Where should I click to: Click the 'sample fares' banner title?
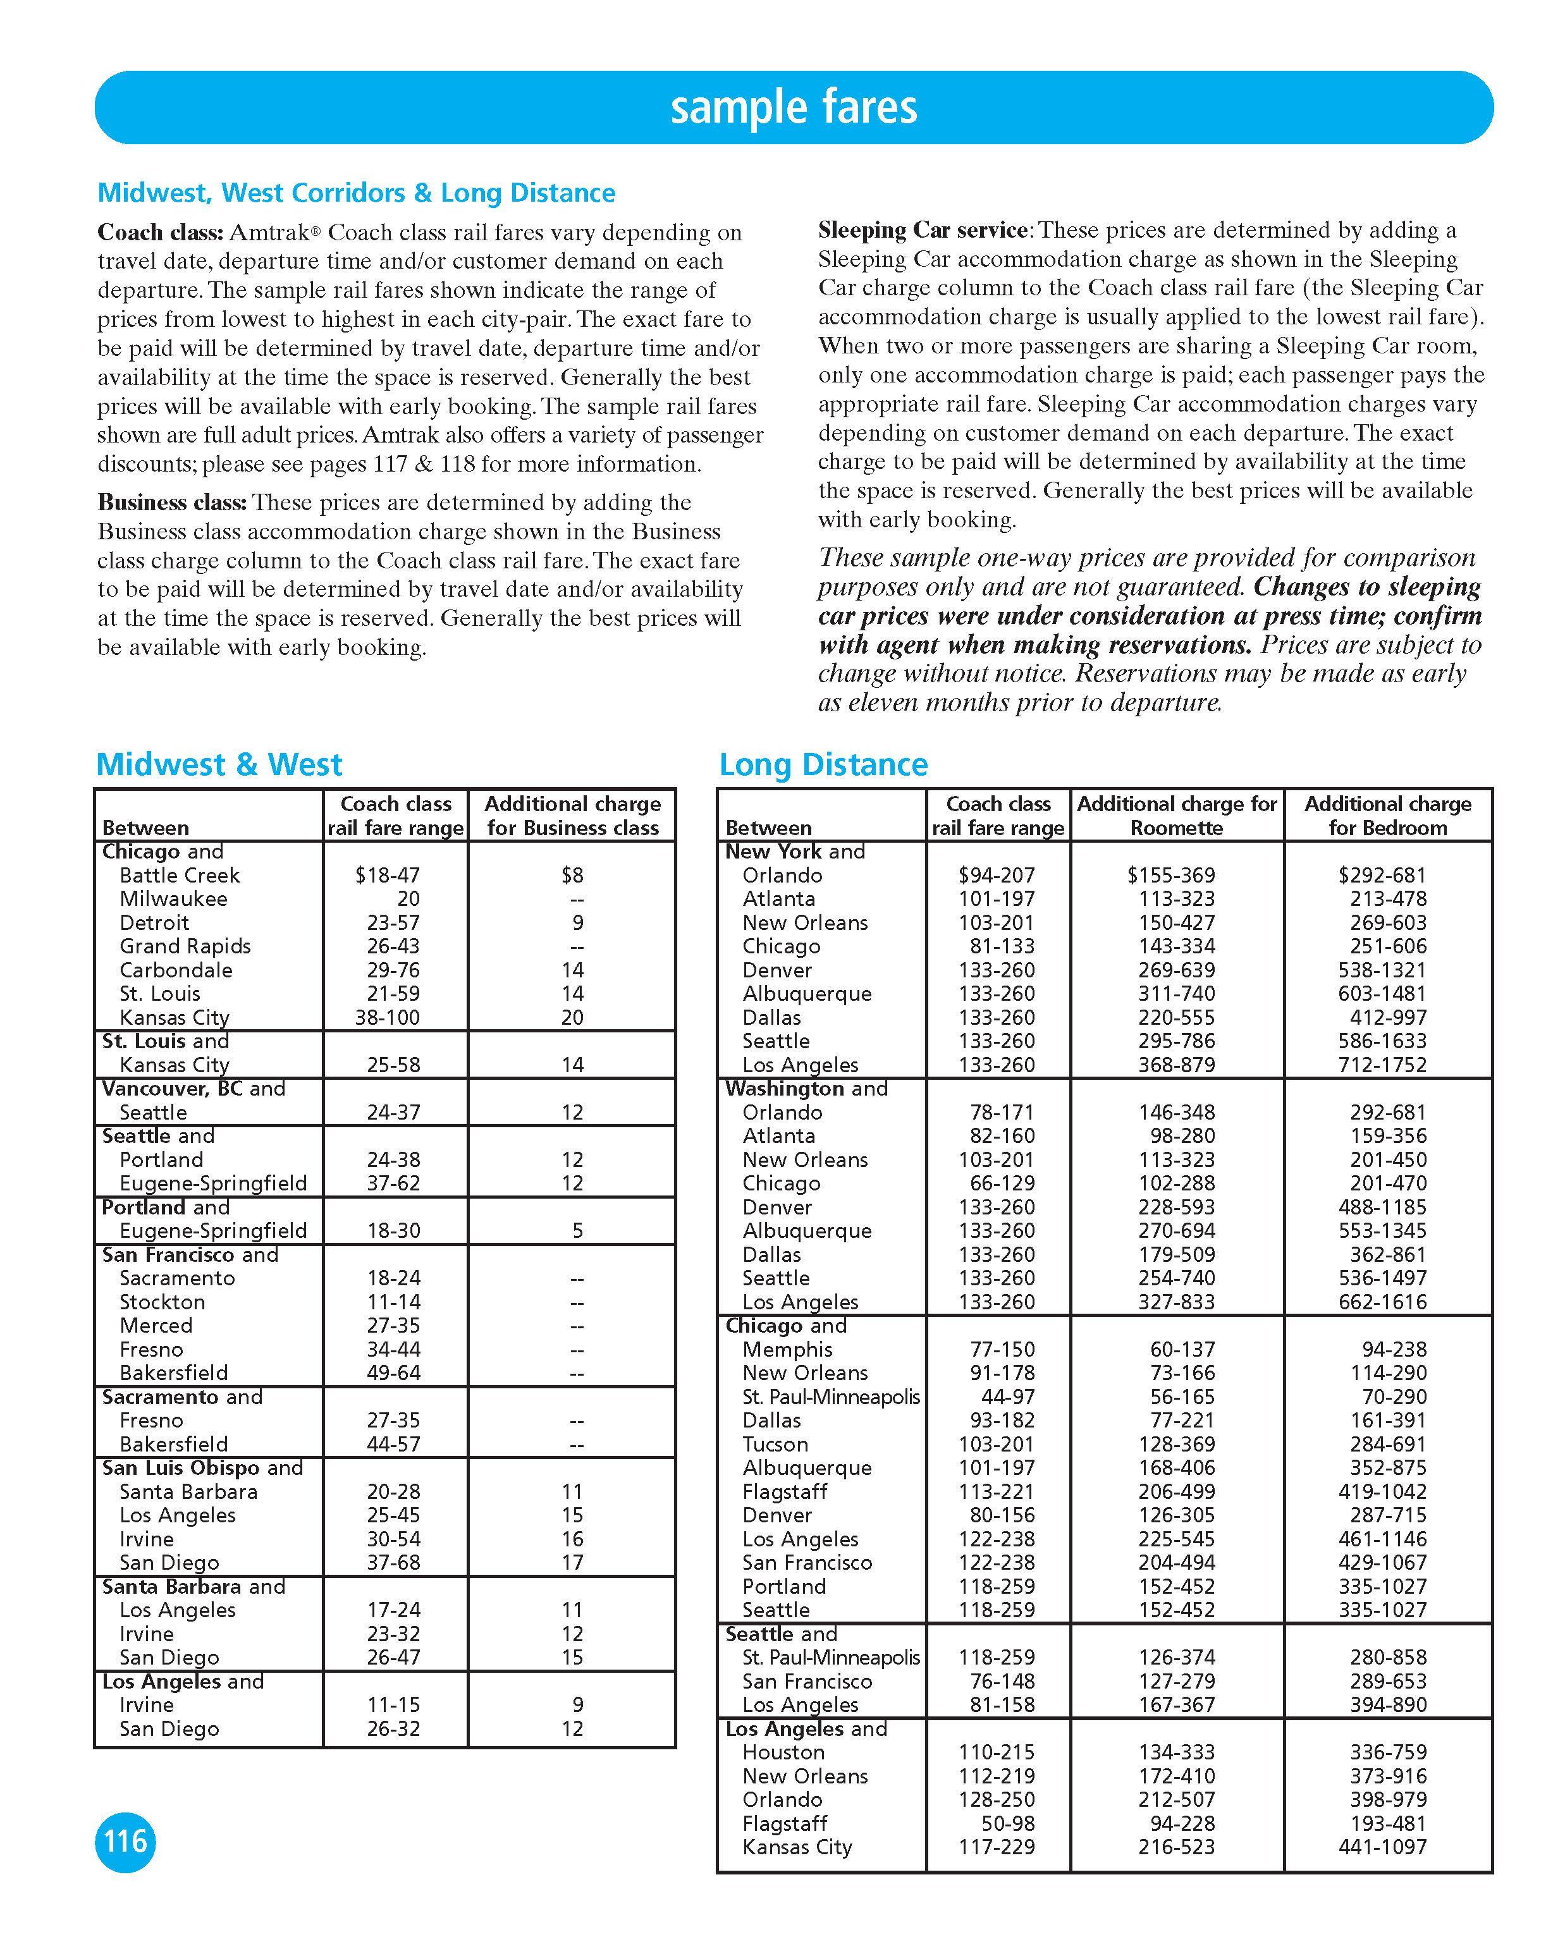(x=793, y=107)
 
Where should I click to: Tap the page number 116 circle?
(x=125, y=1840)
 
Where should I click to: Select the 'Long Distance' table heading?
(x=823, y=764)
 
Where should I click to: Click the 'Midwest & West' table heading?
(x=219, y=764)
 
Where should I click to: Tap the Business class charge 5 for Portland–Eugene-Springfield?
(x=577, y=1231)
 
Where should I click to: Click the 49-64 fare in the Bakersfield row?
(x=393, y=1373)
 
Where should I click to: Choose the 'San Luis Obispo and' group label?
(x=202, y=1468)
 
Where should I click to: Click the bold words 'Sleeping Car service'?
(x=922, y=231)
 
